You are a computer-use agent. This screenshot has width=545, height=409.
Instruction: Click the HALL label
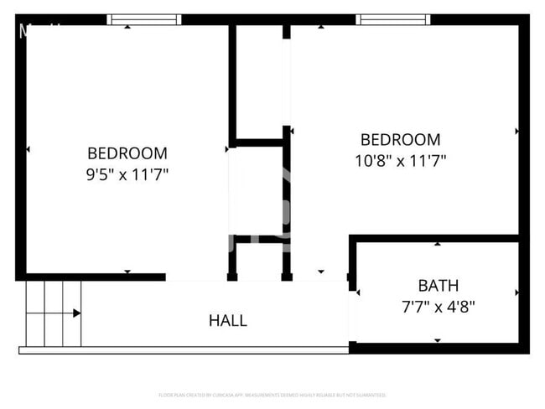(227, 320)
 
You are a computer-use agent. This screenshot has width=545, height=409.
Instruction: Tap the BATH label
(438, 286)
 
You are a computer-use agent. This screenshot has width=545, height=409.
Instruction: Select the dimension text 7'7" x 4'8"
(438, 307)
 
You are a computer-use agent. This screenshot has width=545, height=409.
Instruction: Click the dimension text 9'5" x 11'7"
(127, 175)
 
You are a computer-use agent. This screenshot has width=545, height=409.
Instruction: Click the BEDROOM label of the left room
(127, 153)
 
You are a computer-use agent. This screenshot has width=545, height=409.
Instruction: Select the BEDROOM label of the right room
(400, 139)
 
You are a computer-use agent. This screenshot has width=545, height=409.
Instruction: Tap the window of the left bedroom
(144, 18)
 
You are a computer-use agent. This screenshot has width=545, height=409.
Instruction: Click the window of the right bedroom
(392, 18)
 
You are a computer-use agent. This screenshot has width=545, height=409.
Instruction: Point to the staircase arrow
(76, 313)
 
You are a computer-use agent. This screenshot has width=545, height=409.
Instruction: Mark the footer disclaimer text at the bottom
(272, 394)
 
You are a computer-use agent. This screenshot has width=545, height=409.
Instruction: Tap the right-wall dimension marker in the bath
(517, 293)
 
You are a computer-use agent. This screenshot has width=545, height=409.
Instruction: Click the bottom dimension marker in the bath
(438, 340)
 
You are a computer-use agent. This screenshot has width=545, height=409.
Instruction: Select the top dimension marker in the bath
(438, 244)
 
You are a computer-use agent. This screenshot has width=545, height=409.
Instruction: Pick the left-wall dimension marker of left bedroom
(28, 149)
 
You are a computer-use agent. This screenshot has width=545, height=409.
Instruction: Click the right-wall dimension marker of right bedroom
(517, 131)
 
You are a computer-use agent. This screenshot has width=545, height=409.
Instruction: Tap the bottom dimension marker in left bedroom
(127, 272)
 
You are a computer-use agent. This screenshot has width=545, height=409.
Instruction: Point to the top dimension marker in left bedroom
(127, 27)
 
